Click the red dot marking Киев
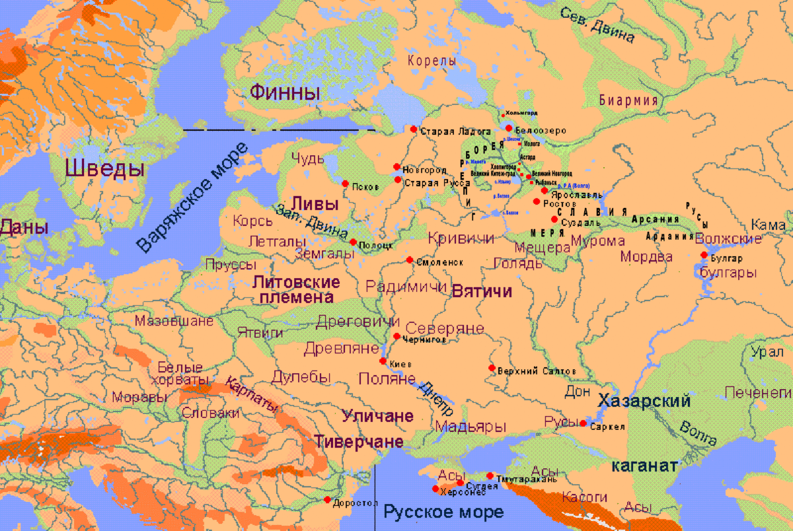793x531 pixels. coord(383,361)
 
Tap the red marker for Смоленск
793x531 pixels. coord(410,260)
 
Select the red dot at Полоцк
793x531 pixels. coord(353,242)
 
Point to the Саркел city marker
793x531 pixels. coord(582,423)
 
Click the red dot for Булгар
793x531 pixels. coord(704,255)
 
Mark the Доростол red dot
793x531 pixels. coord(328,500)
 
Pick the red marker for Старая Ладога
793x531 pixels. coord(414,129)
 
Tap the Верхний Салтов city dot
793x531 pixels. coord(492,368)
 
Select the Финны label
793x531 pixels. coord(285,92)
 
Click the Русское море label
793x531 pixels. coord(443,512)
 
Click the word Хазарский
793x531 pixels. coord(644,401)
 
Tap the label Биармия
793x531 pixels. coord(628,100)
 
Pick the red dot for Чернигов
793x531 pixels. coord(397,336)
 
